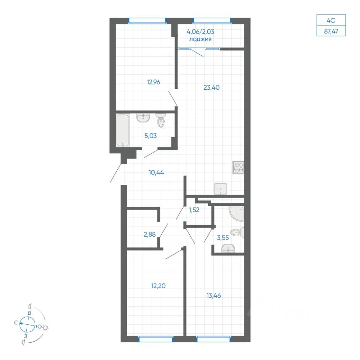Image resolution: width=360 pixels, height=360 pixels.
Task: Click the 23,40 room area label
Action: (x=211, y=87)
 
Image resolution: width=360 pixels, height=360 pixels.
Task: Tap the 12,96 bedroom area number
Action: (x=153, y=82)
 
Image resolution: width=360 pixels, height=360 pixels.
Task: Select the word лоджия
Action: (x=200, y=39)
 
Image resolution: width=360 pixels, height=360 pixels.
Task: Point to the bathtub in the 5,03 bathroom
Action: (x=123, y=130)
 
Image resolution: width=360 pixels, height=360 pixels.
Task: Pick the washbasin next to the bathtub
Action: (x=143, y=118)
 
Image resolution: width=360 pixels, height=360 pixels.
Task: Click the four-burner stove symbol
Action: (x=238, y=168)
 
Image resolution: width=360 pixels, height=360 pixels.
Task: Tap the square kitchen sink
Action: (x=220, y=189)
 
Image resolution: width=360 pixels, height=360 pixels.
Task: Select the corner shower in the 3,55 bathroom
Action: (x=236, y=214)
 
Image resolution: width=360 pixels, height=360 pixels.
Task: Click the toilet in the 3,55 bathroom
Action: (x=237, y=232)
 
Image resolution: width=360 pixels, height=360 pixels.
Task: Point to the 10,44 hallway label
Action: (x=156, y=172)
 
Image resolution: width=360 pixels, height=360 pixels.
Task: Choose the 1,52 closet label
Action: (x=194, y=210)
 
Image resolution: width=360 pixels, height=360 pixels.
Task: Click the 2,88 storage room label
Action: (x=150, y=234)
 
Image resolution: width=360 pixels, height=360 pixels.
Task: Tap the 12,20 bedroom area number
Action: (x=158, y=286)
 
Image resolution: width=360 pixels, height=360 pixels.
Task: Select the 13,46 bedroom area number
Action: (x=214, y=296)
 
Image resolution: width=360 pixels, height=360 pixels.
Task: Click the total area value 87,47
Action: (x=331, y=31)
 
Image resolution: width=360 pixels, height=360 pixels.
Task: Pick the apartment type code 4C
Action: (x=331, y=20)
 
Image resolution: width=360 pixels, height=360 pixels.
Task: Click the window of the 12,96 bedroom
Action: (x=147, y=21)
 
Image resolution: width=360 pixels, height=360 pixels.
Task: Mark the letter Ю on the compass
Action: (x=39, y=326)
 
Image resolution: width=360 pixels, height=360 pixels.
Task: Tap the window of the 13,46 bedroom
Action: (x=213, y=339)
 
